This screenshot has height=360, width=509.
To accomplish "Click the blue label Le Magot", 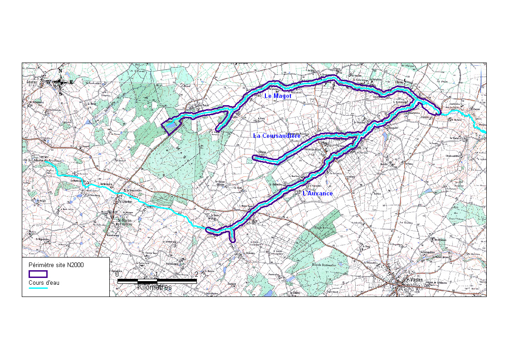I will (278, 96).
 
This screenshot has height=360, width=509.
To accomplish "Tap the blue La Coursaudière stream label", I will (277, 136).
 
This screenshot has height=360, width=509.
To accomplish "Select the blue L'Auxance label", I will (318, 194).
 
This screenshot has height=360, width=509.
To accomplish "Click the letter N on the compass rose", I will (60, 71).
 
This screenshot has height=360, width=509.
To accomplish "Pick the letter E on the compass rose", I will (72, 82).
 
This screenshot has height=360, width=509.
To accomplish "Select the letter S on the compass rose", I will (60, 93).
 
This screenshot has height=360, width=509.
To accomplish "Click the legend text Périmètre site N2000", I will (56, 264).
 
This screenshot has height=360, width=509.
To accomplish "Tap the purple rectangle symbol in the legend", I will (38, 274).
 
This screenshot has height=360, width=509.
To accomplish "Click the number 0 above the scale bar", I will (117, 274).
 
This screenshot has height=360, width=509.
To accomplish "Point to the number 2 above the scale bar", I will (196, 274).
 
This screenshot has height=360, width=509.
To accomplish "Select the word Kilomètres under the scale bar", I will (155, 287).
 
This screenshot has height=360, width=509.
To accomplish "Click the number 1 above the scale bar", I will (157, 274).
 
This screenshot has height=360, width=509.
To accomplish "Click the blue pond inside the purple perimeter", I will (169, 122).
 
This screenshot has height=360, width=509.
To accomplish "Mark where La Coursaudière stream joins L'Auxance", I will (358, 135).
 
